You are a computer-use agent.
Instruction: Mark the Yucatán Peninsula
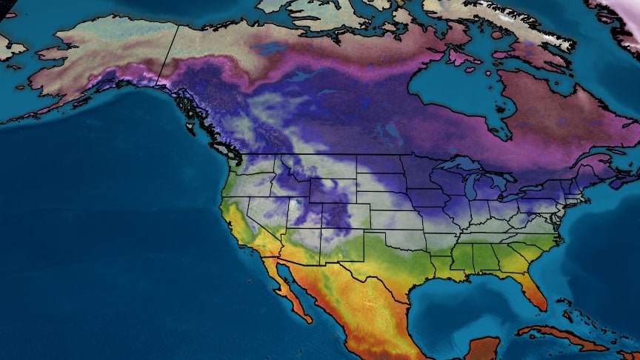(x=489, y=348)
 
